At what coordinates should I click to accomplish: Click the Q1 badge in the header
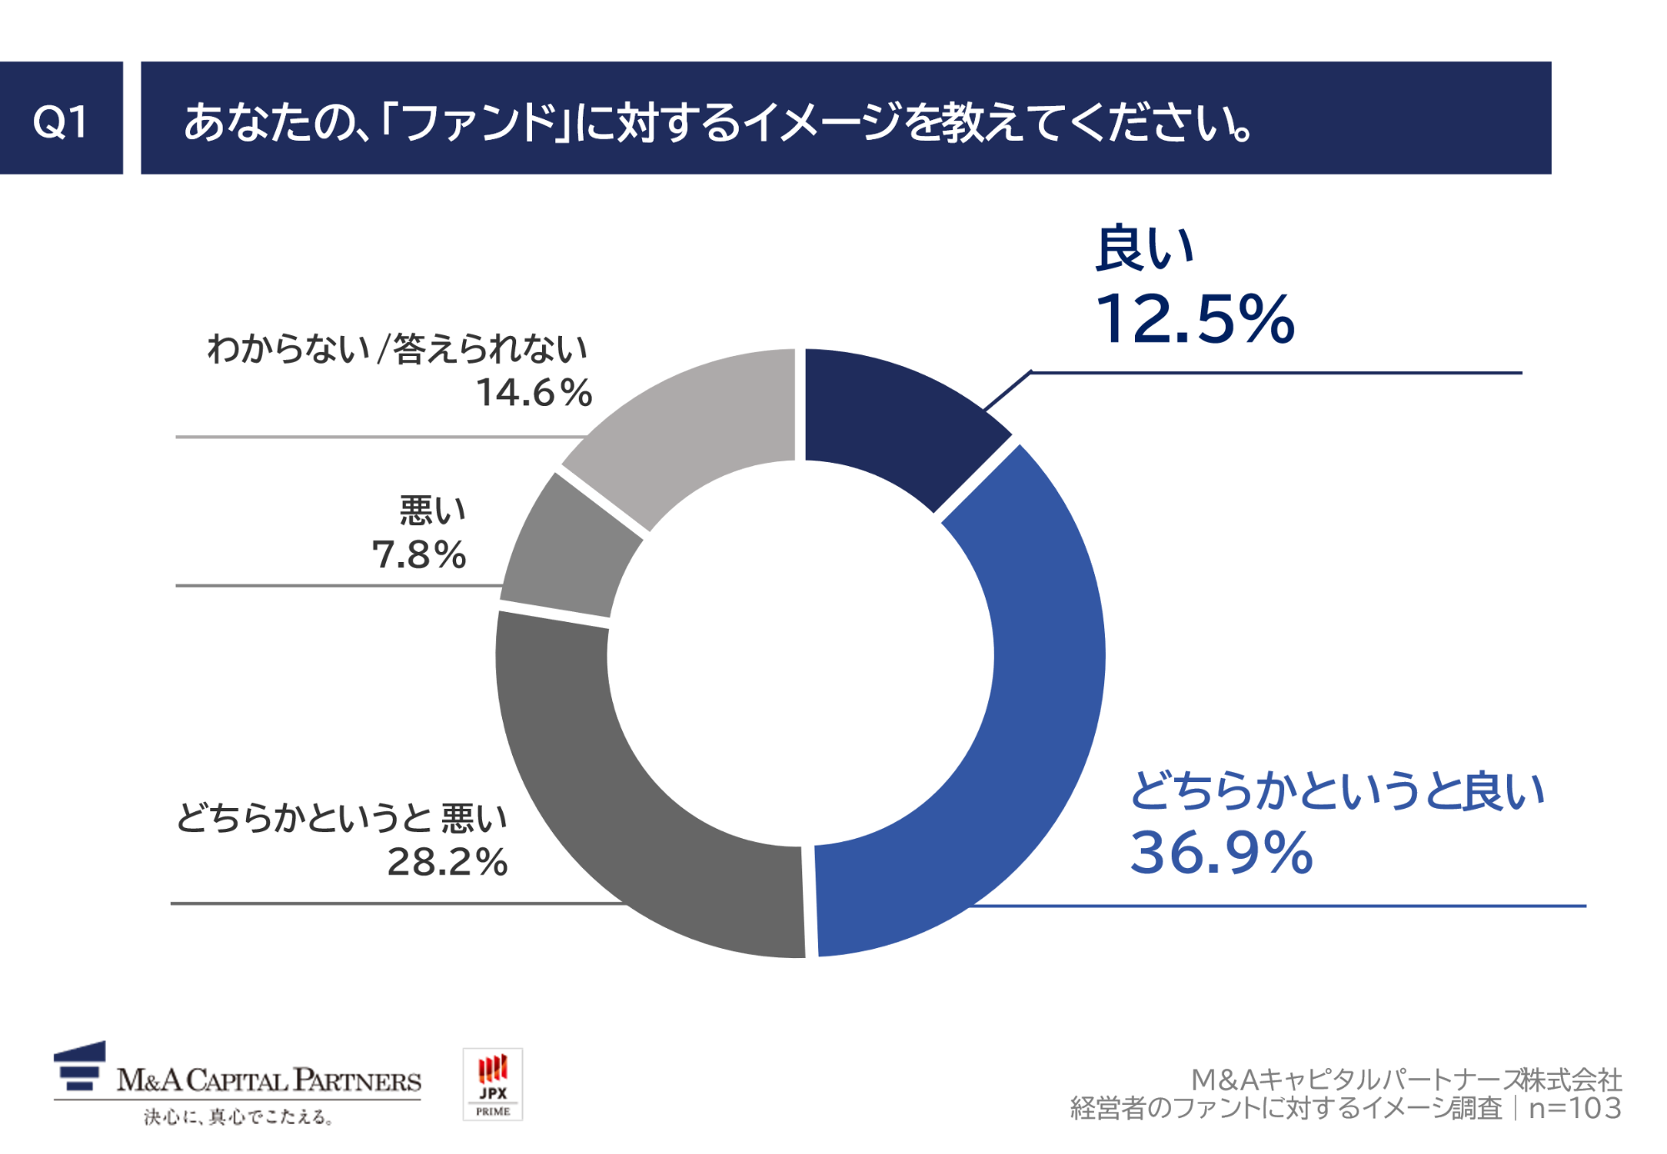(61, 118)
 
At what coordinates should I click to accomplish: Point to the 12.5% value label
(1194, 319)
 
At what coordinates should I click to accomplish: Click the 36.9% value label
(1221, 852)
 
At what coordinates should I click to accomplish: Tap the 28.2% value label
(447, 862)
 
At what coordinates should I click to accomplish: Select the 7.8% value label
(419, 555)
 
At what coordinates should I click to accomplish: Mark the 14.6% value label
(534, 393)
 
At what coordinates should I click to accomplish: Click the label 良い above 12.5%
(1144, 248)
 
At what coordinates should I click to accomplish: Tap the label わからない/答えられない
(398, 349)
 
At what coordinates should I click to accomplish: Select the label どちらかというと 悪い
(342, 818)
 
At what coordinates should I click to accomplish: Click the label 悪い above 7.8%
(432, 510)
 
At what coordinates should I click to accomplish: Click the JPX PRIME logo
(493, 1084)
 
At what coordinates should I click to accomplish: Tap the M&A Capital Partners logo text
(269, 1081)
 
